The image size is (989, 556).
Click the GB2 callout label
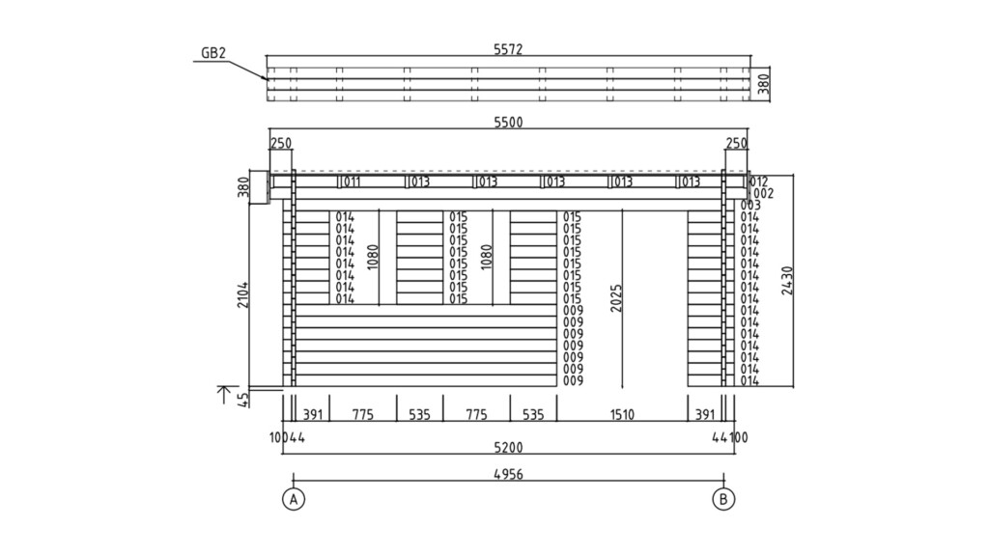click(213, 53)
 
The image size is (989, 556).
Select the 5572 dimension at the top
click(508, 49)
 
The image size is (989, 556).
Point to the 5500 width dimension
click(508, 123)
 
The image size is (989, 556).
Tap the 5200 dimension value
click(508, 448)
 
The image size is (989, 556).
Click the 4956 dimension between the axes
click(508, 475)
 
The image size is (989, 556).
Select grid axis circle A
click(294, 499)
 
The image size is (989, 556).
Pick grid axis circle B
click(723, 499)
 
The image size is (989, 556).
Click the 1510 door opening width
click(622, 414)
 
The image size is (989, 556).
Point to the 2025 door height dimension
click(615, 299)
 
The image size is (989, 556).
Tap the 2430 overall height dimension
click(786, 281)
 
